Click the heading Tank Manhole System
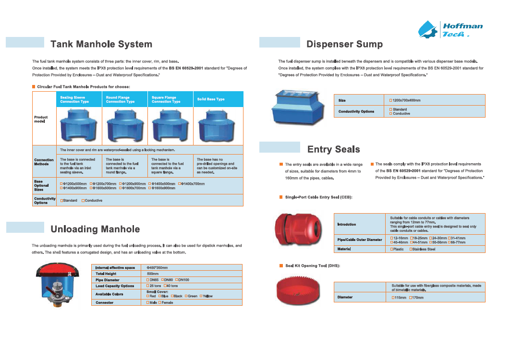(101, 45)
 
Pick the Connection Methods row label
(44, 162)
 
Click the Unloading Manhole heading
(95, 229)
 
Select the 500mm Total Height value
(153, 274)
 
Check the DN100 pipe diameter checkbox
(177, 280)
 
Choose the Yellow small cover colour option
(202, 296)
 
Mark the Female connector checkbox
(159, 303)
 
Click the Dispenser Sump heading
(344, 45)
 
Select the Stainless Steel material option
(411, 249)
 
